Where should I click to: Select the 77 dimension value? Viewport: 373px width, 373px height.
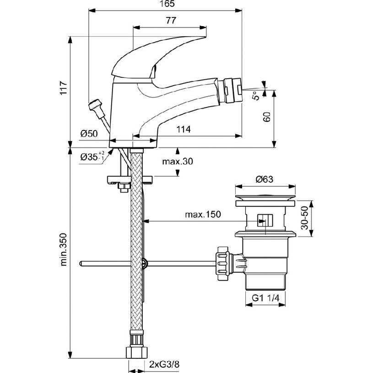[x=171, y=21]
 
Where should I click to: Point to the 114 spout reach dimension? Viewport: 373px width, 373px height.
[x=183, y=130]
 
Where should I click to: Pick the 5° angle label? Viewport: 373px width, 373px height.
[x=256, y=95]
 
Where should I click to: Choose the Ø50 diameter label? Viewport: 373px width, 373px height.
[x=90, y=133]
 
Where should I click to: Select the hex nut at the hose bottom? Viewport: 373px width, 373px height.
[x=137, y=352]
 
